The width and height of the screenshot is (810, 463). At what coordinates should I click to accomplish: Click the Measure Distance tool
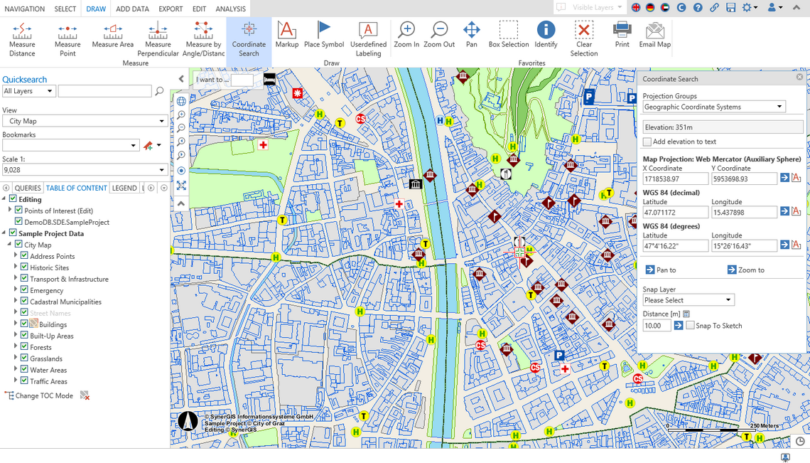[22, 38]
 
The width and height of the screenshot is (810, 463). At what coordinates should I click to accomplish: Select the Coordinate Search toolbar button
[249, 38]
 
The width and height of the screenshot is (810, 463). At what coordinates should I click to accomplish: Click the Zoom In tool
[406, 35]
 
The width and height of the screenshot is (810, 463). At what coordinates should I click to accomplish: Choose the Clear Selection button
[583, 38]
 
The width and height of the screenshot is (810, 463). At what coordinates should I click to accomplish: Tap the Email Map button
[654, 35]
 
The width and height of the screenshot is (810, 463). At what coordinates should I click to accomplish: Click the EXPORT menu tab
[171, 9]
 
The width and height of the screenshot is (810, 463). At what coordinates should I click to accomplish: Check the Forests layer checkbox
[24, 347]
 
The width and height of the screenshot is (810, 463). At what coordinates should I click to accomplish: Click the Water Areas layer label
[48, 370]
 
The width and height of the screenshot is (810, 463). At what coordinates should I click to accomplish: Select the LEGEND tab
[124, 188]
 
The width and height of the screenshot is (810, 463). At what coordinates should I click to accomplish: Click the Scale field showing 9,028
[85, 170]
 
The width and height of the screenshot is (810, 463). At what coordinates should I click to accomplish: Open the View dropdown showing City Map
[85, 121]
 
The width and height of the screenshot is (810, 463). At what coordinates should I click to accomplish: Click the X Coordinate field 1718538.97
[675, 179]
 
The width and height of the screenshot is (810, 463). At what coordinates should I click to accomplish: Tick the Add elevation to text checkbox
[647, 142]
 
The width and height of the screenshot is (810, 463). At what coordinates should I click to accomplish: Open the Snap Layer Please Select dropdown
[688, 300]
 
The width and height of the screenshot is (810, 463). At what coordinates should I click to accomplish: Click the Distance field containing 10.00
[657, 326]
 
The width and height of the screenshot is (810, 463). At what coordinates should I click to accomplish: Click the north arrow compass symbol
[188, 421]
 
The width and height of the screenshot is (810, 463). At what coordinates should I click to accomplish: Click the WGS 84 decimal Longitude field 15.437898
[743, 213]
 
